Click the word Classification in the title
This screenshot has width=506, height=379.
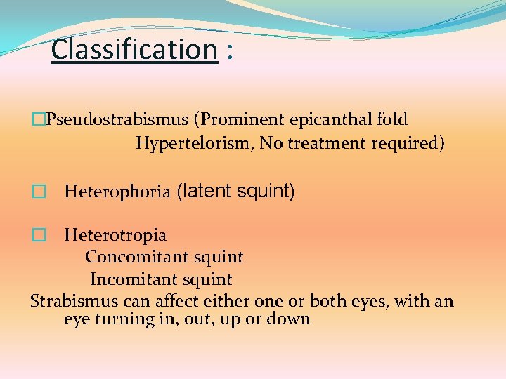134,50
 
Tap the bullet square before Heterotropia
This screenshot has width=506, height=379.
39,235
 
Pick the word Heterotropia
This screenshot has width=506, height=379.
115,235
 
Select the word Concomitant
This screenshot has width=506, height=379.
134,258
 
